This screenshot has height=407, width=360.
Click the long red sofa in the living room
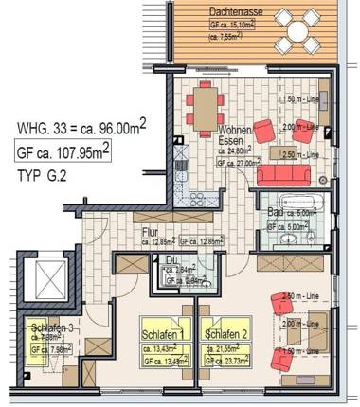(301, 151)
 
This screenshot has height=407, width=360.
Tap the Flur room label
(149, 230)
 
